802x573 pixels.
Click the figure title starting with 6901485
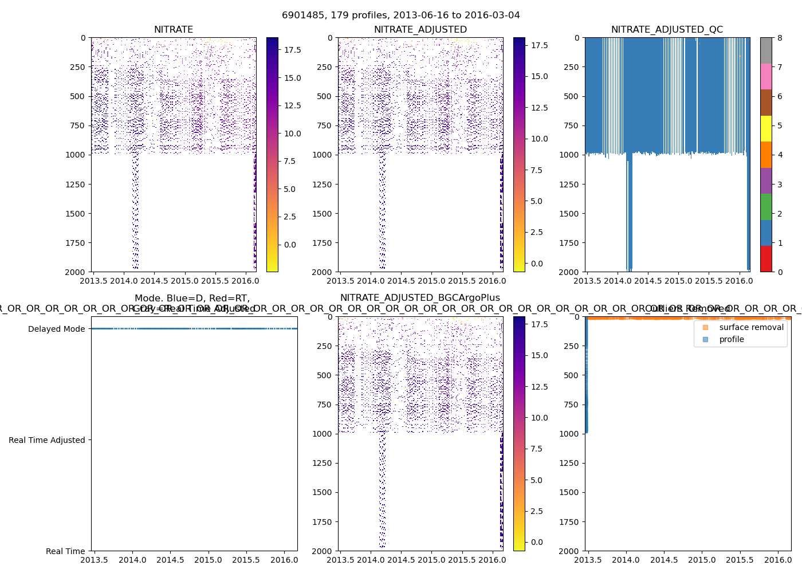[x=401, y=15]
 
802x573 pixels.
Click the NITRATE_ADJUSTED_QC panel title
[x=667, y=30]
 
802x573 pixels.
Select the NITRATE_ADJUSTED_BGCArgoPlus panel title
[x=420, y=298]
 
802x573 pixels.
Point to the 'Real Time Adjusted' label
[x=46, y=440]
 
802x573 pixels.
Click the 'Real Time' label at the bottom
[x=65, y=551]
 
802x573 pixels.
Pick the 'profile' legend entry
[x=732, y=339]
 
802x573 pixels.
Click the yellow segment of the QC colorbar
[x=766, y=128]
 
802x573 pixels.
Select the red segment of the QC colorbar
[x=766, y=259]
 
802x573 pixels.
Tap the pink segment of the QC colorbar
[x=766, y=76]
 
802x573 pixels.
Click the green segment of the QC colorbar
[x=766, y=207]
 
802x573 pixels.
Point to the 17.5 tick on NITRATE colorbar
[x=293, y=50]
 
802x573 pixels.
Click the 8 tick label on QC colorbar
[x=780, y=38]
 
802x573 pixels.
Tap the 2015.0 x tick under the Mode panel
[x=208, y=560]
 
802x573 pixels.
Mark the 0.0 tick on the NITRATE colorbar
[x=290, y=245]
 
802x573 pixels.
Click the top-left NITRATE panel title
[x=174, y=30]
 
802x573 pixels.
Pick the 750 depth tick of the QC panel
[x=572, y=125]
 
